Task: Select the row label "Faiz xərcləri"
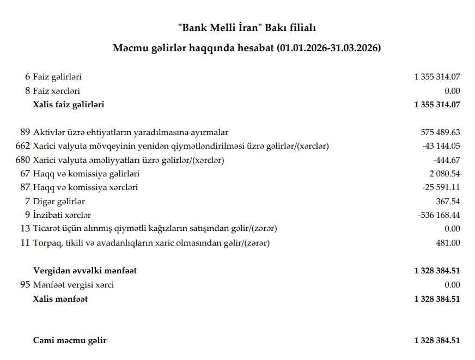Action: tap(56, 91)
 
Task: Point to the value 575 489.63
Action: tap(440, 132)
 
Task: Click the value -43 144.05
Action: tap(441, 146)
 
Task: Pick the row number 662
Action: tap(23, 146)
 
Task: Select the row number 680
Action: tap(23, 160)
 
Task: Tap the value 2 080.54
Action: tap(444, 174)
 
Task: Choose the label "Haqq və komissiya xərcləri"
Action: tap(85, 187)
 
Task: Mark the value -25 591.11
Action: tap(441, 187)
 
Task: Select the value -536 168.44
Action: tap(439, 215)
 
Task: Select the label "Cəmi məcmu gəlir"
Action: tap(69, 340)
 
